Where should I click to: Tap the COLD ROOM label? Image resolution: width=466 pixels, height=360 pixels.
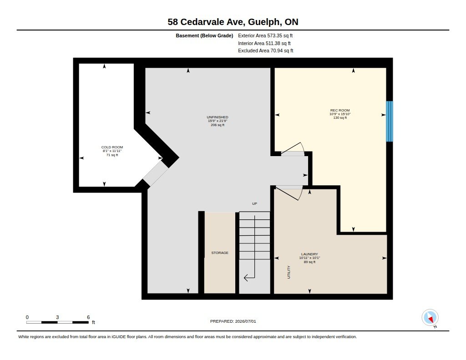point(112,147)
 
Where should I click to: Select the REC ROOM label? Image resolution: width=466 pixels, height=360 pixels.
point(340,110)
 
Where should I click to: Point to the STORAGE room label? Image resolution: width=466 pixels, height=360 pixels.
point(220,253)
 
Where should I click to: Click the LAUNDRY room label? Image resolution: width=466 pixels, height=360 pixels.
point(309,254)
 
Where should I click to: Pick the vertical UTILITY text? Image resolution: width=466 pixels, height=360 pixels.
point(289,272)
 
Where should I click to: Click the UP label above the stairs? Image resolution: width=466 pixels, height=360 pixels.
point(255,203)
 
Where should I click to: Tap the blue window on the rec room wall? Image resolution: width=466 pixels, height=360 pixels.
point(390,121)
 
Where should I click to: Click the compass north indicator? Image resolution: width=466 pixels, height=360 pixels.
point(430,318)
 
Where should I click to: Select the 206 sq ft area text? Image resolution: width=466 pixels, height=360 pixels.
point(218,125)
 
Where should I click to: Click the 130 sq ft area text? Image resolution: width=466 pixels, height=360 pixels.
point(340,118)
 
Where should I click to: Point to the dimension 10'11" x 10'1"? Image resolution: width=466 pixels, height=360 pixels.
point(309,258)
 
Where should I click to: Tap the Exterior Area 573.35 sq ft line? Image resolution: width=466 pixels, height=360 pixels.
point(265,35)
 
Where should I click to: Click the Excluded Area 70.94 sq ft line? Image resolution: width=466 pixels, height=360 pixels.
point(266,51)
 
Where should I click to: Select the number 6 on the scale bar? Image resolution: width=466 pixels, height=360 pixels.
point(88,317)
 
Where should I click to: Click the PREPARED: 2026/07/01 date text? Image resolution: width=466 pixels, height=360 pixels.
point(233,321)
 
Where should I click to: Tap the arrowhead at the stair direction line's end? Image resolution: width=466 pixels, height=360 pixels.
point(246,278)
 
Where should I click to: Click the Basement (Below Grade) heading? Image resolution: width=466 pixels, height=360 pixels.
point(204,35)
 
